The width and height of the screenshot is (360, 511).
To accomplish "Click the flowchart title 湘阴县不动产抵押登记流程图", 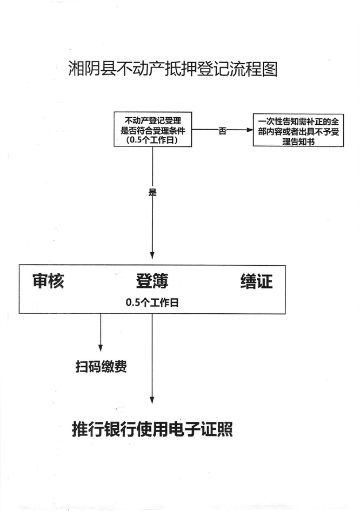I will click(173, 69).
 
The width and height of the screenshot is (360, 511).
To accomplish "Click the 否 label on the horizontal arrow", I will click(222, 131).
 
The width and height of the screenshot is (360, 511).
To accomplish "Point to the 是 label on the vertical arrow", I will click(152, 192).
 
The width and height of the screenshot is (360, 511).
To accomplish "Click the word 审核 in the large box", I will click(48, 281).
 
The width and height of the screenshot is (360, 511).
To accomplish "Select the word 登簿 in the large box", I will click(152, 281).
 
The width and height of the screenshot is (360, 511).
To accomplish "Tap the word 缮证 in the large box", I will click(256, 281).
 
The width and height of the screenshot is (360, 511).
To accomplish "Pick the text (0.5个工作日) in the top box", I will click(153, 140).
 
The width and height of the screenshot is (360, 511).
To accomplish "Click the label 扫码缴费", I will click(102, 367).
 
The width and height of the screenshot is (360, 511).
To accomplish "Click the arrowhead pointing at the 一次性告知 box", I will click(249, 130).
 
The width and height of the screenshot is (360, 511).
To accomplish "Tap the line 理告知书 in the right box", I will click(298, 141).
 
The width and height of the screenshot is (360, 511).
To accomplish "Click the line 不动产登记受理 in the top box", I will click(153, 119).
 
